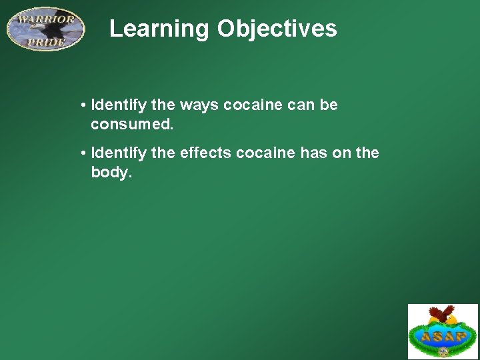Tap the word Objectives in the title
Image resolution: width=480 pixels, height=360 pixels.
[x=277, y=29]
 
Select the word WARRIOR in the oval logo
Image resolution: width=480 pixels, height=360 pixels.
[x=45, y=19]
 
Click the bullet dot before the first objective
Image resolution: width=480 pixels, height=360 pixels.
[x=83, y=105]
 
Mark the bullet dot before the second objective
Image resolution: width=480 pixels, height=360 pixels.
[x=83, y=153]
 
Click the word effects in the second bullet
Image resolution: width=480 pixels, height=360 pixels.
[x=199, y=153]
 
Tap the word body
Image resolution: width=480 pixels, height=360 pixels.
[x=111, y=173]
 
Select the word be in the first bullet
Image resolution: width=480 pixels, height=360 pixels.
[x=330, y=105]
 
